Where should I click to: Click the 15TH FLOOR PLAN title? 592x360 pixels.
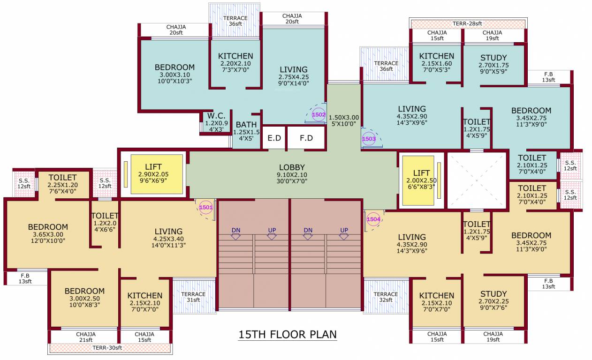(x=288, y=335)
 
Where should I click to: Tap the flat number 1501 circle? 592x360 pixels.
(x=206, y=207)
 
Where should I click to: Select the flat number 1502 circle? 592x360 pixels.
(x=319, y=114)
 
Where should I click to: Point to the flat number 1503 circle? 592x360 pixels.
(x=369, y=139)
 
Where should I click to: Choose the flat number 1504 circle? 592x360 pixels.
(x=373, y=219)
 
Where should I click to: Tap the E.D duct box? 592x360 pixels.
(x=274, y=138)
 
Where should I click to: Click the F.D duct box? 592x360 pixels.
(x=306, y=138)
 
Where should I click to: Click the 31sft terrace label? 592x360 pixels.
(x=193, y=297)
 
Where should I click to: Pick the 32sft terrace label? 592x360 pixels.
(x=386, y=297)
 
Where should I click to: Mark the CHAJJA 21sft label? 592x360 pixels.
(x=85, y=337)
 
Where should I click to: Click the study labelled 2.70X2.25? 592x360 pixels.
(x=493, y=300)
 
